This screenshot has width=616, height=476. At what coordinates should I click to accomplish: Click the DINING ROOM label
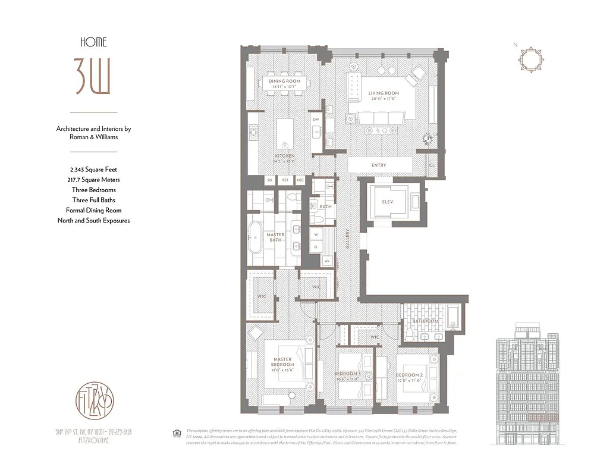click(284, 81)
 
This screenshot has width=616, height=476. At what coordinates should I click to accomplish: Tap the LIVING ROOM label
click(384, 93)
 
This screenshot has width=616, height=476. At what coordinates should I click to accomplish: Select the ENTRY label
click(379, 165)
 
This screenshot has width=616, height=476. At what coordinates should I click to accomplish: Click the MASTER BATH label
click(275, 237)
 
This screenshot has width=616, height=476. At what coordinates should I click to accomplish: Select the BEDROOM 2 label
click(409, 374)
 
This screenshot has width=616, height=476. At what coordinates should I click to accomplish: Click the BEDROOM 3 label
click(347, 374)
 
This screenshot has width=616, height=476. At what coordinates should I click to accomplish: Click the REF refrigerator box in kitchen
click(285, 180)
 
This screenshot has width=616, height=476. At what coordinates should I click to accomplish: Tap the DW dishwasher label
click(316, 119)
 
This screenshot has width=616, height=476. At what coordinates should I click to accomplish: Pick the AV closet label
click(326, 261)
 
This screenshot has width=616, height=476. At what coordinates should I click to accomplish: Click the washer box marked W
click(316, 234)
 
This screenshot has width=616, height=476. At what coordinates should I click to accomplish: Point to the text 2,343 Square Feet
click(93, 170)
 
